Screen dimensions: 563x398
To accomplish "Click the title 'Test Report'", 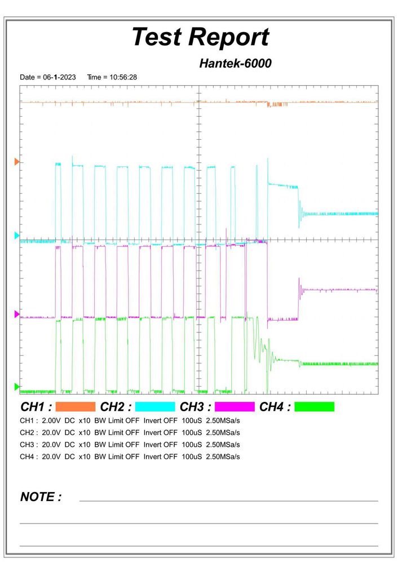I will (x=200, y=37).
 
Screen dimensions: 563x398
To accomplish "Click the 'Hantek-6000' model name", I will (x=235, y=64).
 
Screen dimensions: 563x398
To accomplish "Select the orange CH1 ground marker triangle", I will (x=17, y=162).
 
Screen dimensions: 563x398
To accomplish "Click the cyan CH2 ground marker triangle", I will (x=17, y=235).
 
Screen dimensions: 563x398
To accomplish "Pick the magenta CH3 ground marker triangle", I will (x=17, y=314).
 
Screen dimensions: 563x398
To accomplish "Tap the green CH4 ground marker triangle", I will (x=17, y=387).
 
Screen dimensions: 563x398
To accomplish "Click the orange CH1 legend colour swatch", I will (x=76, y=407).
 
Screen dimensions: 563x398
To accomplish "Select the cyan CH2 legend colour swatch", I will (x=155, y=407).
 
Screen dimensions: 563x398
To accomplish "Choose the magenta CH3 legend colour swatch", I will (x=235, y=407).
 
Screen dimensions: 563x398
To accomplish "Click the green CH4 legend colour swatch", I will (x=314, y=407).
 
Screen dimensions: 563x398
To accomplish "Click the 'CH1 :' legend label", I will (x=36, y=407).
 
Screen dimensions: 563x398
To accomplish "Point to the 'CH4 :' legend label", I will (x=275, y=407).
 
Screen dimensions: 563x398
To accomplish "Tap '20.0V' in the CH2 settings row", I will (x=52, y=433).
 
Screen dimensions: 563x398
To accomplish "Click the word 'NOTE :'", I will (x=41, y=497).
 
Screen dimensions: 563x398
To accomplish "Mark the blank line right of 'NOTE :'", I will (x=228, y=500).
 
